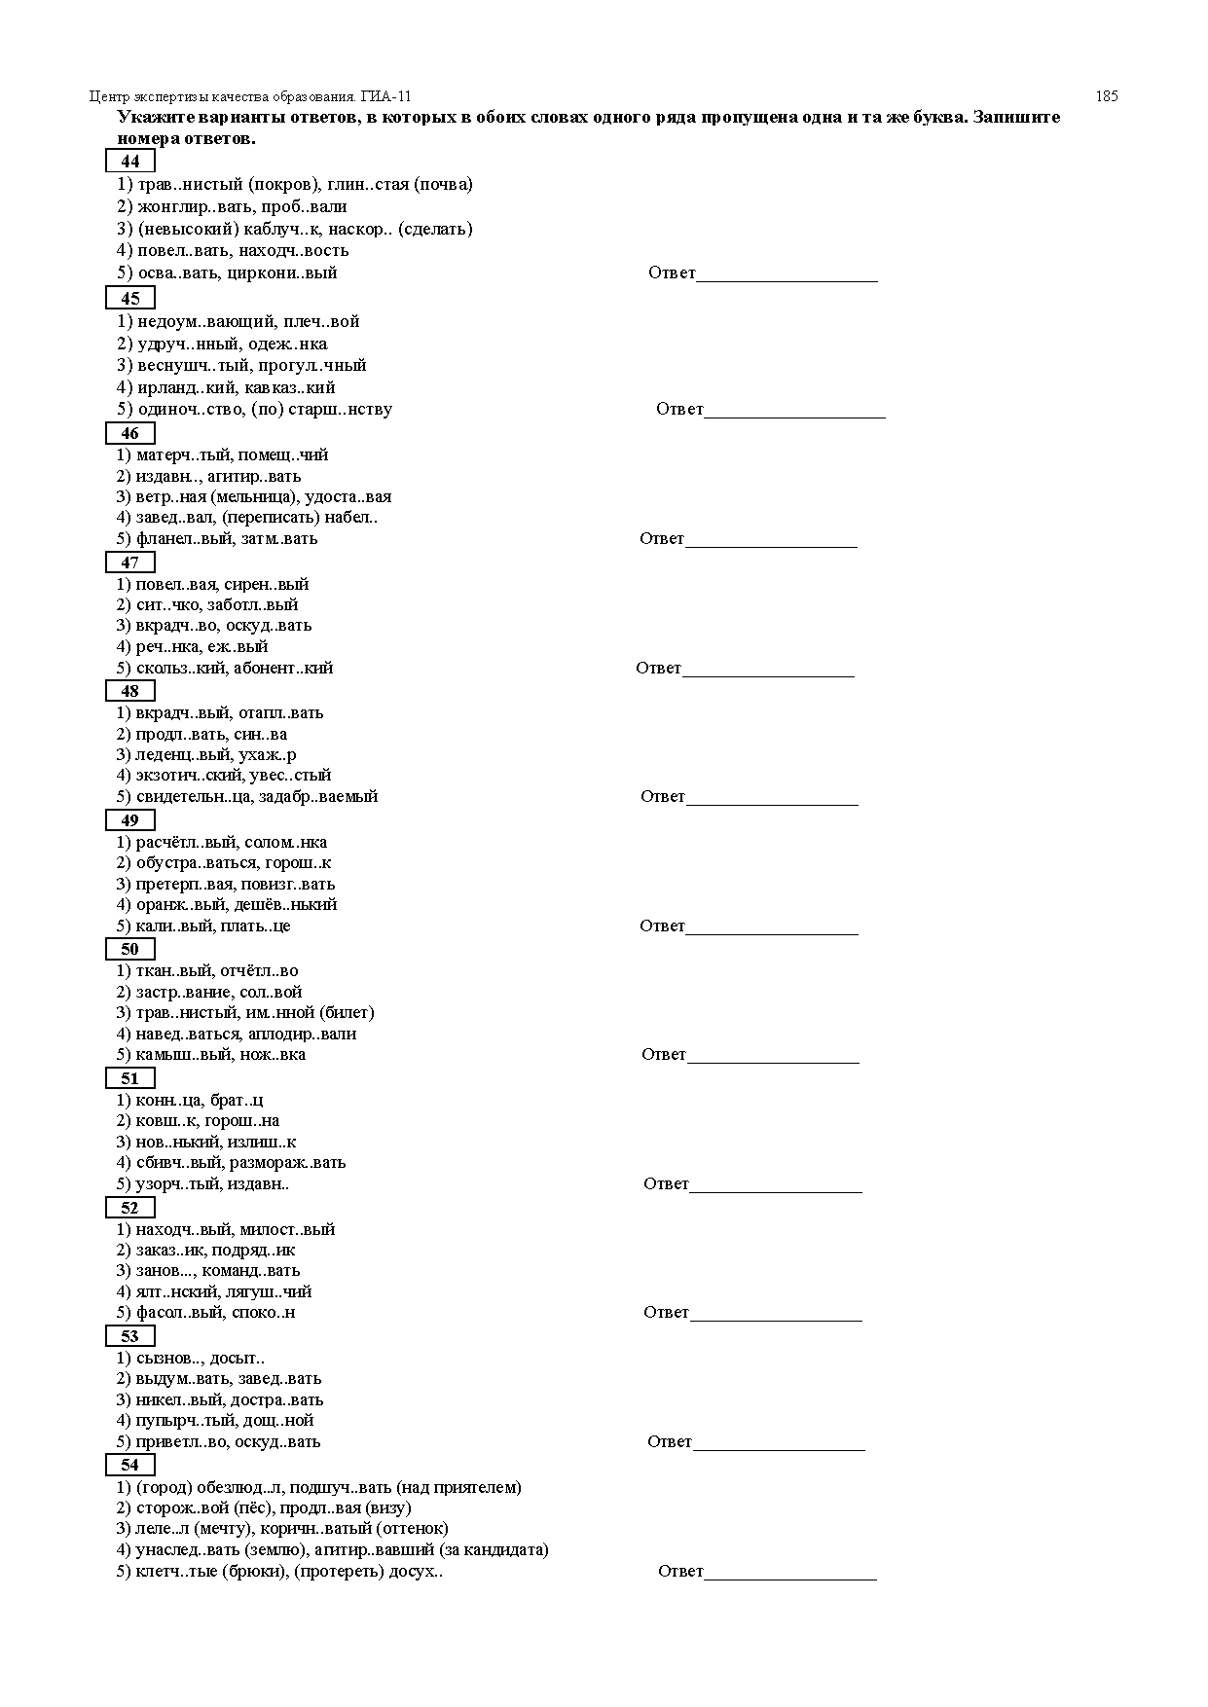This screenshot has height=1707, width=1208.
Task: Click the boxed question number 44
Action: click(129, 162)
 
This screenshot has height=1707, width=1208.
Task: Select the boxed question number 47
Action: click(129, 563)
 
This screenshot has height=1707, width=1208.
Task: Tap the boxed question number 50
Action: click(129, 949)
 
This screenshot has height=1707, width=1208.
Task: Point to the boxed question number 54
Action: click(129, 1465)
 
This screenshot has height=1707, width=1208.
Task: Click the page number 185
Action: click(1106, 96)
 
